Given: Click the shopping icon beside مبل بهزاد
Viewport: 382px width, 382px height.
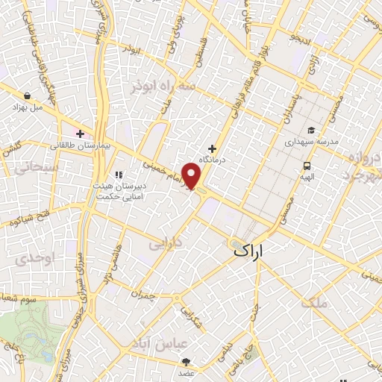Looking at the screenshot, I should pyautogui.click(x=28, y=96).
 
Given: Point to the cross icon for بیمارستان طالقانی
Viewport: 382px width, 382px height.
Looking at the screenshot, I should pyautogui.click(x=80, y=134).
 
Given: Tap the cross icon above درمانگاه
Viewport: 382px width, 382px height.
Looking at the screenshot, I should pyautogui.click(x=212, y=149).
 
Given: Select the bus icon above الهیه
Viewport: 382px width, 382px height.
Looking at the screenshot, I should pyautogui.click(x=307, y=166).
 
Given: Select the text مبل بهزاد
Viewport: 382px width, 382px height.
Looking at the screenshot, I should pyautogui.click(x=28, y=107).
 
